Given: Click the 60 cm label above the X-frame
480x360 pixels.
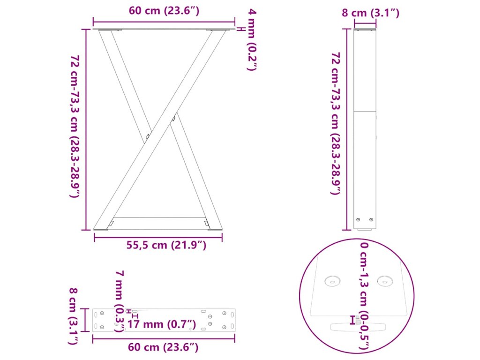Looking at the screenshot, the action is click(164, 11).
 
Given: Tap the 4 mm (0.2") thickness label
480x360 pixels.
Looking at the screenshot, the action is click(252, 39).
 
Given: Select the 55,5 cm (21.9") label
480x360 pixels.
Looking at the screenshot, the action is click(166, 245).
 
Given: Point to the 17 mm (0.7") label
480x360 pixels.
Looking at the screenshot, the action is click(161, 324).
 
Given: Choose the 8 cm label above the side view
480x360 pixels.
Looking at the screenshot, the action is click(370, 13).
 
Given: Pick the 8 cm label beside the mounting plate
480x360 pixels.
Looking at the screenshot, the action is click(73, 316).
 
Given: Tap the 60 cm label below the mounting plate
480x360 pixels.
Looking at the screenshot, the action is click(163, 347).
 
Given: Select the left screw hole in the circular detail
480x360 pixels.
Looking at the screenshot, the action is click(332, 281).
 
